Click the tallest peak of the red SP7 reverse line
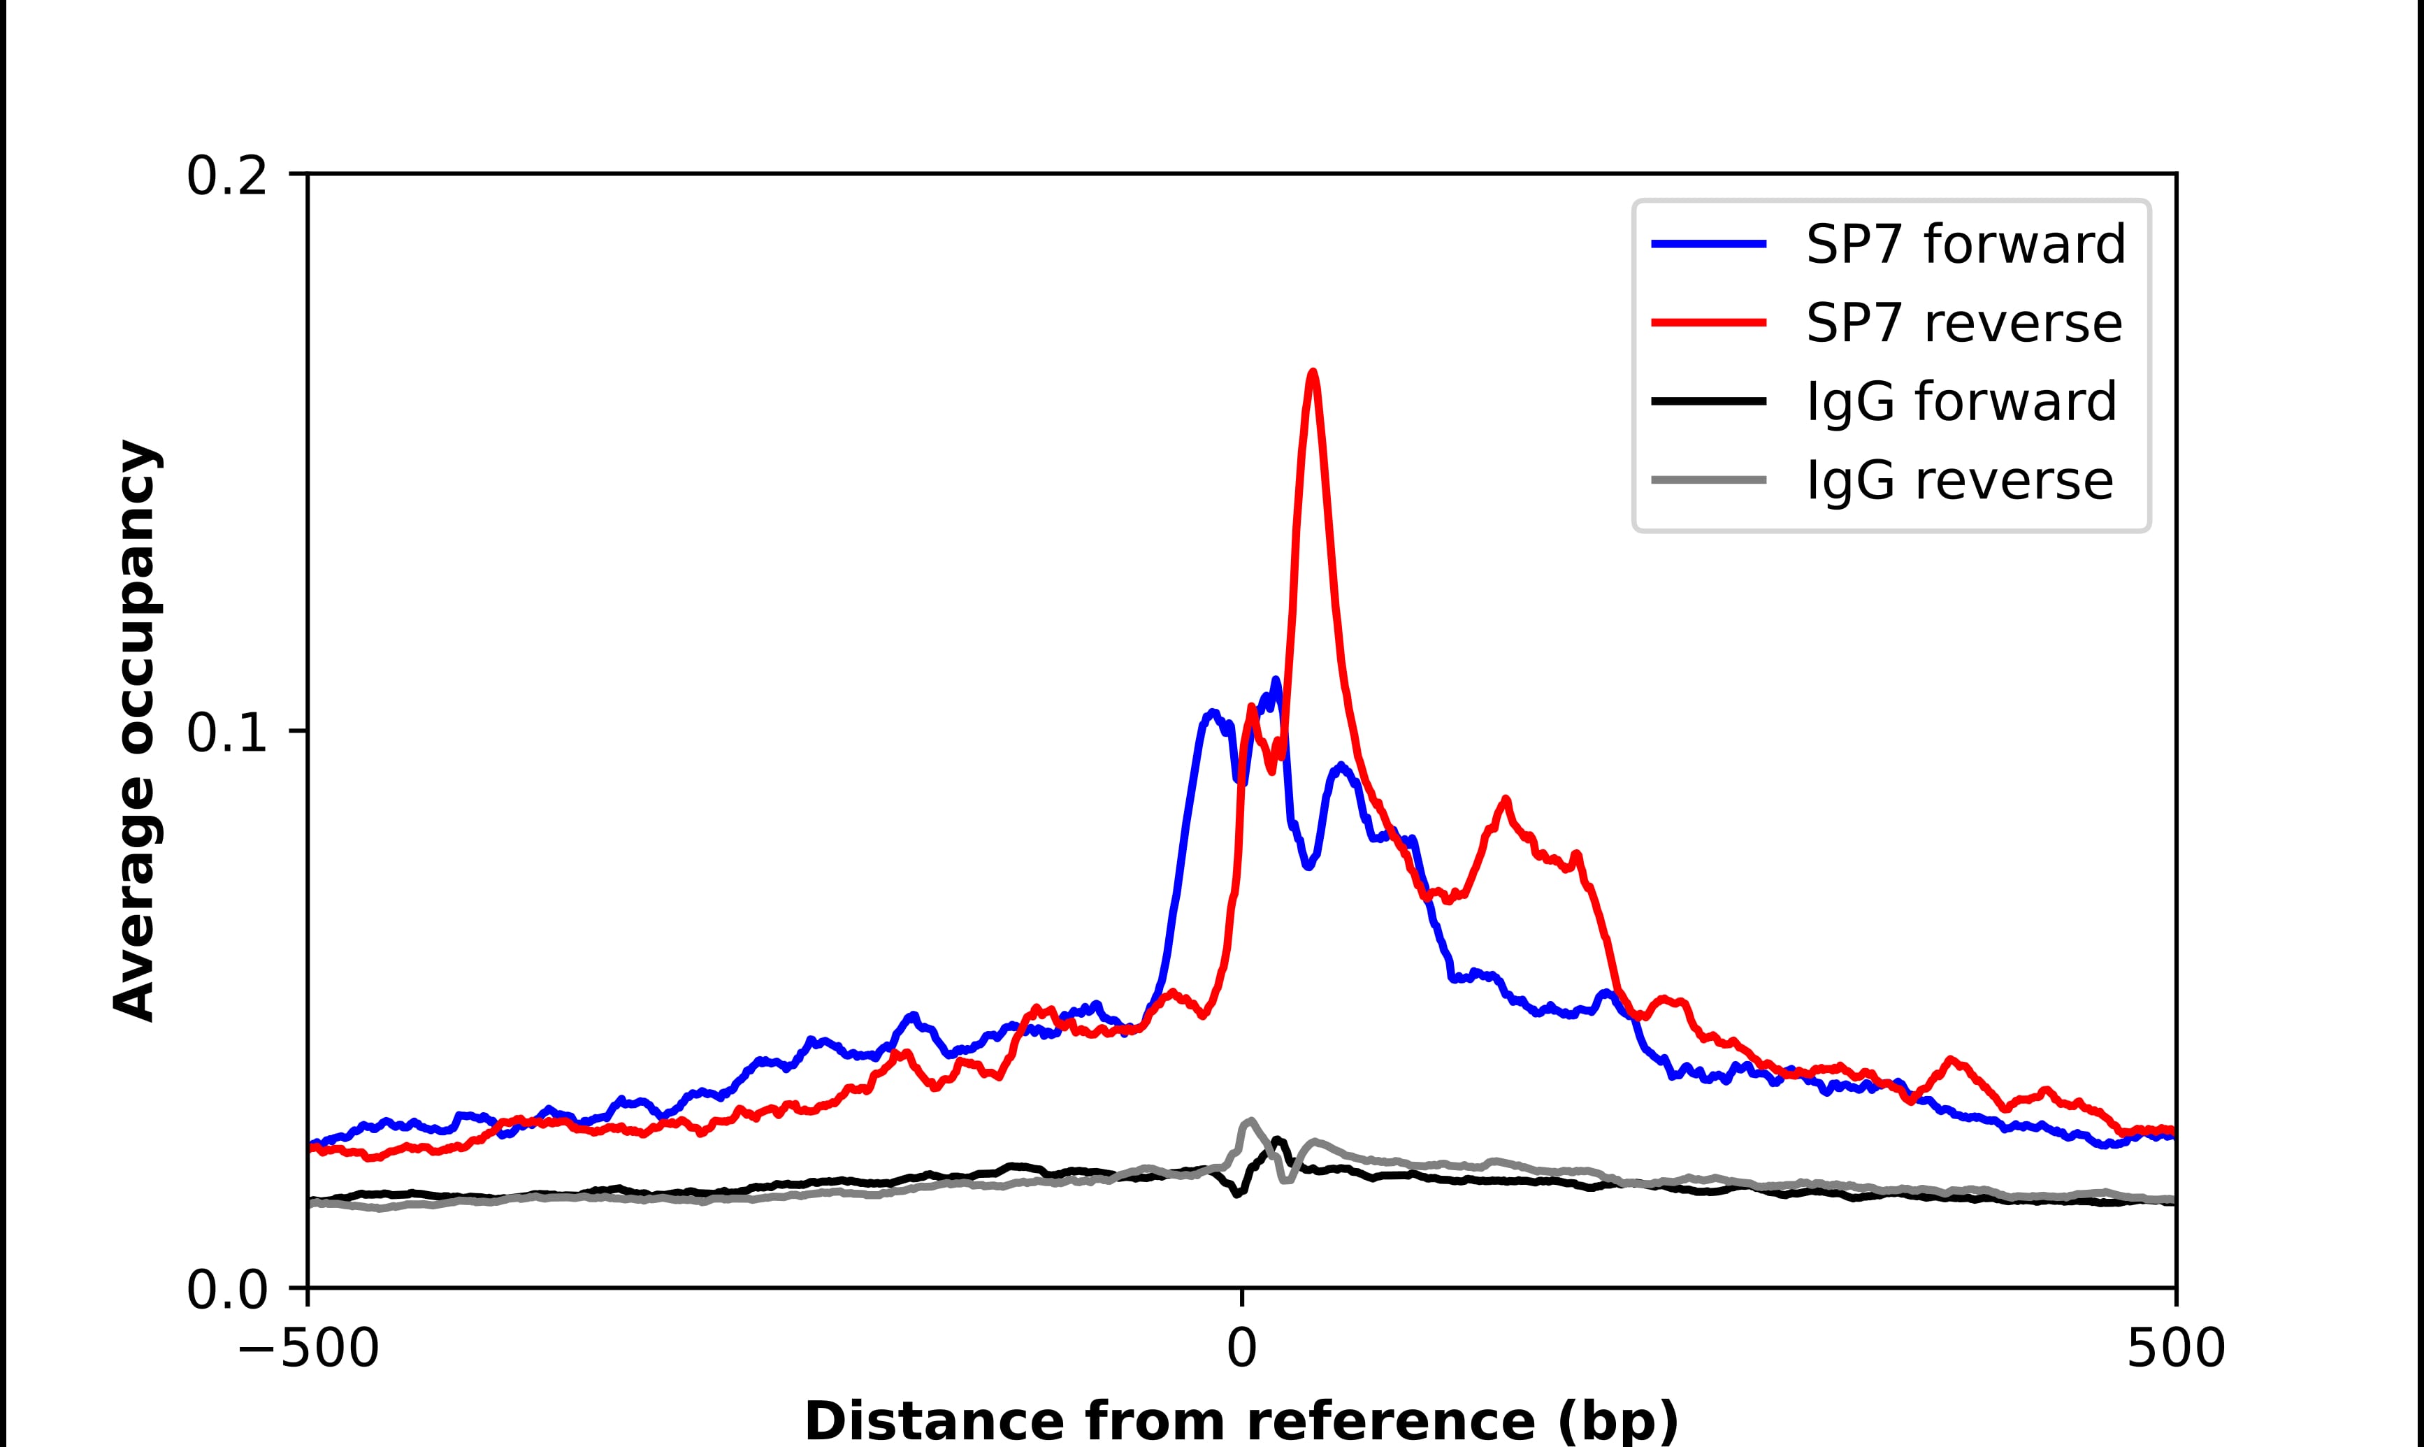pos(1313,373)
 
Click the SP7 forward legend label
pos(1965,244)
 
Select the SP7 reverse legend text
pos(1963,323)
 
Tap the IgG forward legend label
pos(1961,402)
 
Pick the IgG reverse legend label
pos(1959,481)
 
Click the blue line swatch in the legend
pos(1708,244)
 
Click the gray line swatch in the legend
pos(1708,480)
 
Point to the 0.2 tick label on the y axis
pos(226,176)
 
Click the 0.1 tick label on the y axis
pos(226,733)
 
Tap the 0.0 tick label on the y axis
pos(226,1290)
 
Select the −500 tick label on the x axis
pos(309,1350)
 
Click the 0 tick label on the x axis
pos(1242,1350)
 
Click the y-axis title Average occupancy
pos(134,731)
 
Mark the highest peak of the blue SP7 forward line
pos(1275,681)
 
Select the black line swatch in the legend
pos(1708,401)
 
